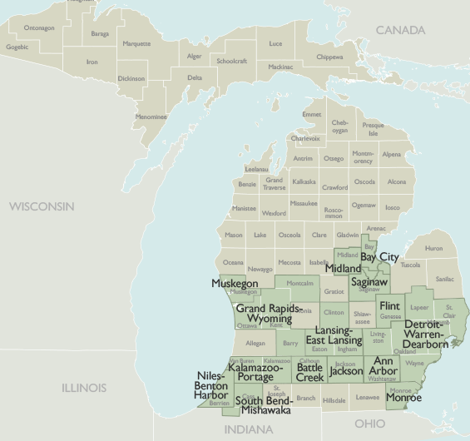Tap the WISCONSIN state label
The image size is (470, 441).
click(x=42, y=206)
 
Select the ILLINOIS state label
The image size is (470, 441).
click(x=84, y=388)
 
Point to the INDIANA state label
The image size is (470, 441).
click(x=249, y=429)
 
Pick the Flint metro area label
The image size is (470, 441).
click(x=389, y=306)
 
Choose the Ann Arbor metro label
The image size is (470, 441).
click(x=383, y=366)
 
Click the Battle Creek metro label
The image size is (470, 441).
click(x=310, y=373)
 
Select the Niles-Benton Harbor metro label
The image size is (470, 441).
click(x=210, y=385)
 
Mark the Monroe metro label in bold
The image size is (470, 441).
click(x=403, y=398)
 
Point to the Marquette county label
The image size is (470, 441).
click(x=136, y=43)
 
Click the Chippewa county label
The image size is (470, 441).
click(x=329, y=57)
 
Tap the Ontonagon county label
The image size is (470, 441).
click(x=39, y=28)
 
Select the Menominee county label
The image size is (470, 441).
click(x=151, y=116)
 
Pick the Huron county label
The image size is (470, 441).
click(x=433, y=248)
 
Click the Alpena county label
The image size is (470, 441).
click(x=391, y=154)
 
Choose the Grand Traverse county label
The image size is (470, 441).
click(x=274, y=183)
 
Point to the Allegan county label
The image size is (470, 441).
click(x=255, y=343)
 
